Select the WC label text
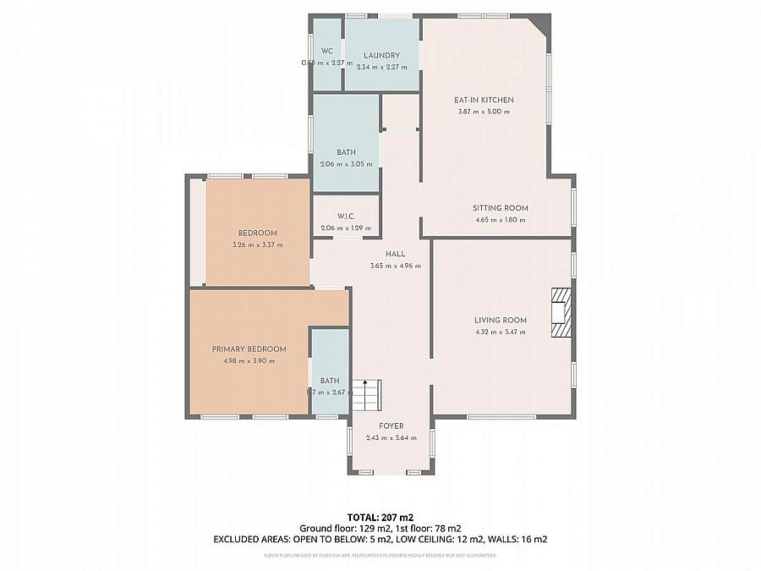click(326, 51)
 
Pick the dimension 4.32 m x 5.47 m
click(500, 332)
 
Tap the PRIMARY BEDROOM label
click(249, 349)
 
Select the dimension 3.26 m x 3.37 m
click(257, 244)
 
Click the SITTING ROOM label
click(500, 208)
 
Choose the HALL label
click(395, 254)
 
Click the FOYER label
click(391, 426)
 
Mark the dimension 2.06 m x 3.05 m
click(346, 164)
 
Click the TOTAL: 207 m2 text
click(380, 517)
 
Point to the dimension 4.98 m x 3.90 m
click(249, 361)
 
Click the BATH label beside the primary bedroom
click(330, 381)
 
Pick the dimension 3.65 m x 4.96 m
click(395, 266)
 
